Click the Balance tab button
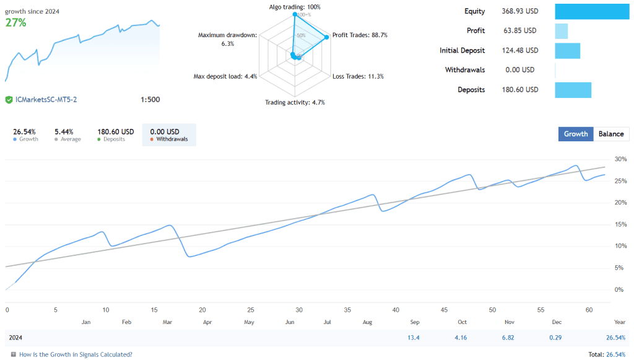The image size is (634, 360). (611, 134)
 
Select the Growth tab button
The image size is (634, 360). (576, 134)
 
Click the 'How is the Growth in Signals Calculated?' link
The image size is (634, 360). (76, 354)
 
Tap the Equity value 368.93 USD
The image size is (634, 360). (519, 11)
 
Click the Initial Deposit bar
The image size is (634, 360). (567, 51)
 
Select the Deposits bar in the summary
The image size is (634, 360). (573, 90)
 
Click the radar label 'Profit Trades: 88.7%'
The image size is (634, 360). (360, 35)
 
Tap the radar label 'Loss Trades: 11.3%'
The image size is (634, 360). (358, 76)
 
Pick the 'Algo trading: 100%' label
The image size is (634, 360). (295, 7)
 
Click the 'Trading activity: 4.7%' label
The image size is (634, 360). (295, 102)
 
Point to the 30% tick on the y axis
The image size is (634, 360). (620, 159)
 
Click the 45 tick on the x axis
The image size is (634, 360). (444, 310)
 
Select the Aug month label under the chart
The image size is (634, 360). (368, 322)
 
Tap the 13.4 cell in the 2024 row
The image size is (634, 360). (414, 338)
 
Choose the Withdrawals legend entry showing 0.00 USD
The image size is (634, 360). (168, 134)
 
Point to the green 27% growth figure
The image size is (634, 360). (15, 23)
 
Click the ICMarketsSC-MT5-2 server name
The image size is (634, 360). (45, 100)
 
